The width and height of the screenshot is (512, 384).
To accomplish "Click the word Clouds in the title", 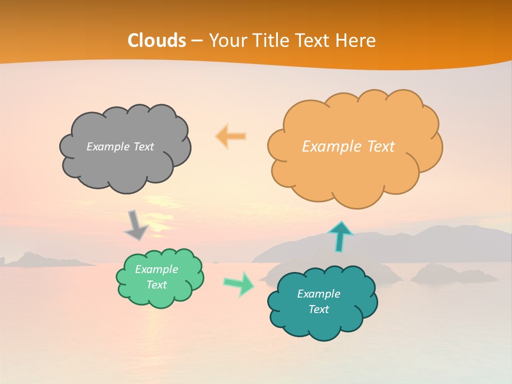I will [157, 41].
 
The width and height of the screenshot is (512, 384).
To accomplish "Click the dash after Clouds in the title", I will [196, 41].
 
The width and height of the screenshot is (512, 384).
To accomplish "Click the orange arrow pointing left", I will [231, 137].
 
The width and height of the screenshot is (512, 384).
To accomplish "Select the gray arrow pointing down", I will [136, 226].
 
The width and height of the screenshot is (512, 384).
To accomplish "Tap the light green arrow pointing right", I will [239, 283].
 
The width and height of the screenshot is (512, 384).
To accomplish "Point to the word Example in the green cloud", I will [156, 269].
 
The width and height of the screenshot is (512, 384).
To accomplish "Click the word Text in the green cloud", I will [156, 285].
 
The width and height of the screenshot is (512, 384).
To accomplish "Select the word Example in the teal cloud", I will [318, 294].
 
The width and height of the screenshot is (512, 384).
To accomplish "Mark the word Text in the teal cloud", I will [318, 309].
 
